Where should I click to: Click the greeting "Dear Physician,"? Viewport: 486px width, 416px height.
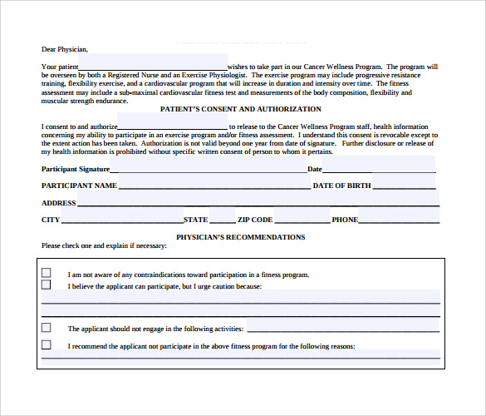(64, 49)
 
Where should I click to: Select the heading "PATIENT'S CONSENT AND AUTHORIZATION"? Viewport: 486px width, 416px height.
(239, 109)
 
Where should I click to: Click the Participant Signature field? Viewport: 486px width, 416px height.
(208, 169)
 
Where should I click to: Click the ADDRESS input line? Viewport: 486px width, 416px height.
(258, 202)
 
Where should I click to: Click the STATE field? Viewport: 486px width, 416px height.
(222, 220)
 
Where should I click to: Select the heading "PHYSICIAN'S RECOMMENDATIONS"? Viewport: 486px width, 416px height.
(240, 237)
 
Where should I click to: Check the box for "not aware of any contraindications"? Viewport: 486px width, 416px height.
(47, 273)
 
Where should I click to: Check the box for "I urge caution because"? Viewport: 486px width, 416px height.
(47, 285)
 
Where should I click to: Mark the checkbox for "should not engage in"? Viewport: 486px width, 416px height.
(47, 327)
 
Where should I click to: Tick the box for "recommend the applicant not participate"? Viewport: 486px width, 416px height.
(47, 344)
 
